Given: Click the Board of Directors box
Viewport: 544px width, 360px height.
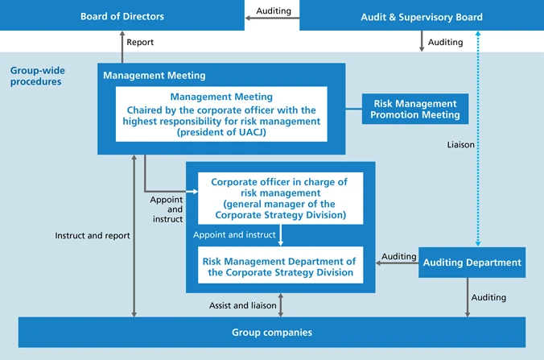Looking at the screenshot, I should [x=122, y=16].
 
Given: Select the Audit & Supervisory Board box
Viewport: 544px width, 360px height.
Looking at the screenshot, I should [x=421, y=16].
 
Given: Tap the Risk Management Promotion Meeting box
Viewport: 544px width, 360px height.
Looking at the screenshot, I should [x=415, y=110].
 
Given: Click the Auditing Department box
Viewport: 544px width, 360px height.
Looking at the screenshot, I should [x=472, y=263].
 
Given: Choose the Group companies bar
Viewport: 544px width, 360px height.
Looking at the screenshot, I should [x=271, y=332].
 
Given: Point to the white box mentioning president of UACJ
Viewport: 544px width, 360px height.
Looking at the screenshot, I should [x=221, y=114].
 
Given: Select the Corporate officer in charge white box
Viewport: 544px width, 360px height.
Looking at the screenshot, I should [x=278, y=198].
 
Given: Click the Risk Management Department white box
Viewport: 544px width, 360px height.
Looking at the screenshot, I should [x=278, y=267].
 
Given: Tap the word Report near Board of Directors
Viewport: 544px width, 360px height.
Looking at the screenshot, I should [x=140, y=43].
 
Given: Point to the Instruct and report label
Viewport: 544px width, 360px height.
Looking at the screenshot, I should [x=93, y=236].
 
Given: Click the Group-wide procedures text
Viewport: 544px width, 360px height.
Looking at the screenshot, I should [x=36, y=76].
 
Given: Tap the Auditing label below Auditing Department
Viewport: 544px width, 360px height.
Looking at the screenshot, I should [x=488, y=297].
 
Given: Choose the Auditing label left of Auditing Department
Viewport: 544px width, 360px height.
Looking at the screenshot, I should [x=399, y=256].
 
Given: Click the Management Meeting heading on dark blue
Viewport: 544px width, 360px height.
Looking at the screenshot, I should [x=155, y=76].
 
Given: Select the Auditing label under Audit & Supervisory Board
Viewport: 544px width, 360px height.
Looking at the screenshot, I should [x=445, y=43].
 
